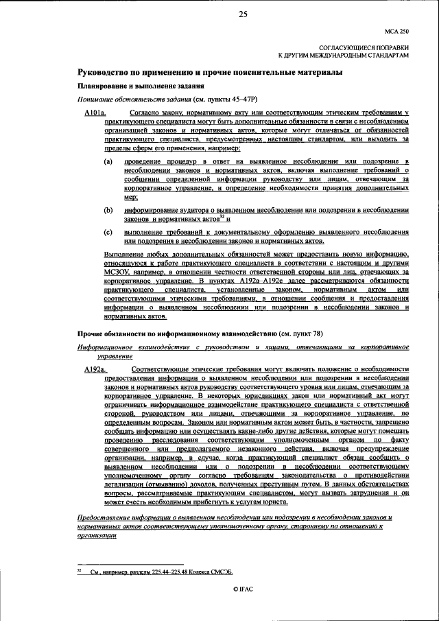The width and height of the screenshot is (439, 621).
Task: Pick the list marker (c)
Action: point(108,233)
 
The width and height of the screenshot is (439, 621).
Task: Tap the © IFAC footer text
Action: point(243,589)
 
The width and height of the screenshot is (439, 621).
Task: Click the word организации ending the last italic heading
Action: point(96,536)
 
